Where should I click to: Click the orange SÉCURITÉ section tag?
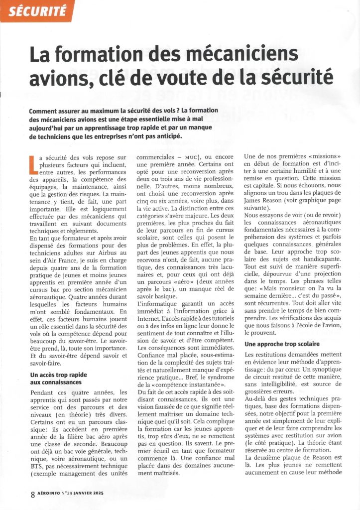click(36, 11)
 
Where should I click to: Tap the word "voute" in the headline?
click(188, 77)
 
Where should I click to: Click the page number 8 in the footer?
click(32, 495)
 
